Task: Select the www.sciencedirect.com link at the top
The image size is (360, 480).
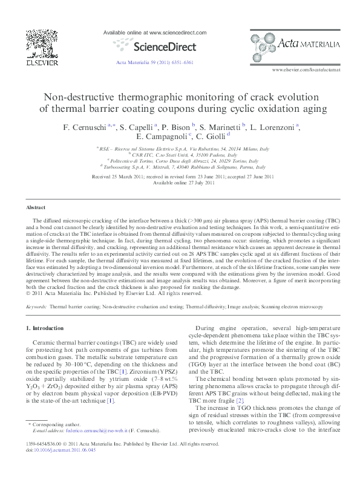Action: point(155,32)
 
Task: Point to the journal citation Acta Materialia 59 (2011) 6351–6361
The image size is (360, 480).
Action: point(154,62)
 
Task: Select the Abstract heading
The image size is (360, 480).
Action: point(36,207)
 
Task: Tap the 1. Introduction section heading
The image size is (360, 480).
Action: point(47,328)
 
